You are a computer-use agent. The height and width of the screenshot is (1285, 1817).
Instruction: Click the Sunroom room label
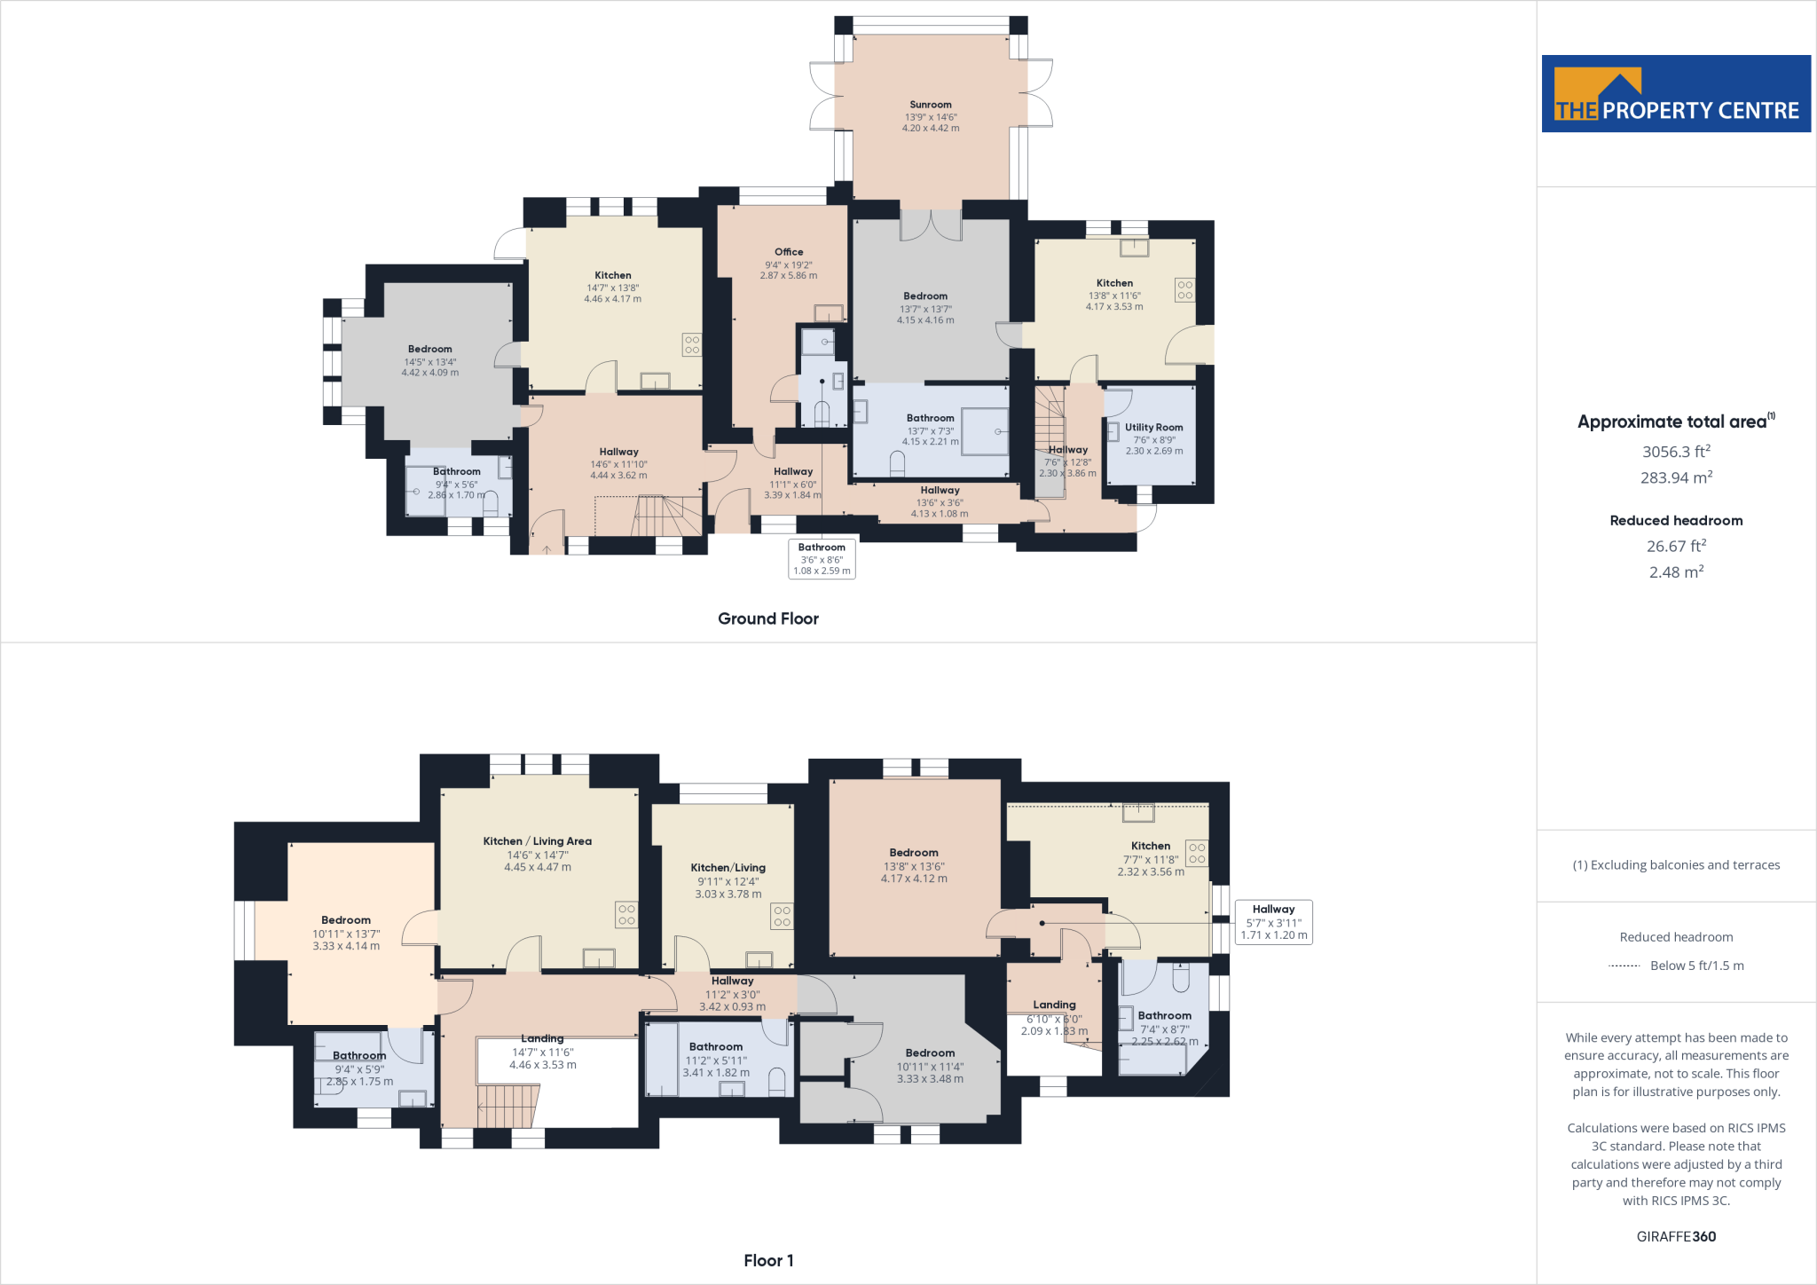(930, 105)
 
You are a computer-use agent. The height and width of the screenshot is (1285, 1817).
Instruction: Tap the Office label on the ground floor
(789, 252)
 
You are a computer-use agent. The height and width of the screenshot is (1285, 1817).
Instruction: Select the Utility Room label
(1153, 427)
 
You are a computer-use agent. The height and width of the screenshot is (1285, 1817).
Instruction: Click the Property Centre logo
(1676, 94)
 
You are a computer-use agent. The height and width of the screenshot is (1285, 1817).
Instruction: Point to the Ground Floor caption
(767, 619)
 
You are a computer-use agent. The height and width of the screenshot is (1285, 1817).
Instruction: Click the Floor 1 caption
(768, 1260)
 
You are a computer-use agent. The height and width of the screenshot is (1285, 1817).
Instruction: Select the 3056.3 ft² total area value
(1676, 452)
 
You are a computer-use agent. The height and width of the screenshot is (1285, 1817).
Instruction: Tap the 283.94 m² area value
(1676, 477)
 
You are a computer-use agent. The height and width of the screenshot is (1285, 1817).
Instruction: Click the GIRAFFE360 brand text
(1676, 1236)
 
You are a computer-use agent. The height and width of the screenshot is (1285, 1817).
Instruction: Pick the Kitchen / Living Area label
(537, 841)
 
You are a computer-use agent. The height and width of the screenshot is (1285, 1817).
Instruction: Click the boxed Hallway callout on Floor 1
(1273, 922)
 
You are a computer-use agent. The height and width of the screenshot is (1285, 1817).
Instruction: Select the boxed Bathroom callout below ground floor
(822, 559)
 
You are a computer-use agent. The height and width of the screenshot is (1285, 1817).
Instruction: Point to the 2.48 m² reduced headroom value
(1676, 572)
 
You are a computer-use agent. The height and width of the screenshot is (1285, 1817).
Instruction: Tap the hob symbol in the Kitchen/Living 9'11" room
(782, 916)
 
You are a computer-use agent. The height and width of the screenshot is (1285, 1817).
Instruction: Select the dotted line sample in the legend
(1624, 966)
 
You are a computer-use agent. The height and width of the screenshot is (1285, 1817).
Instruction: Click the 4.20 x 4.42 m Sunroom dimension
(930, 128)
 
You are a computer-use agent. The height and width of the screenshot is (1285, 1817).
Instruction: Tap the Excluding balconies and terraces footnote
(1676, 865)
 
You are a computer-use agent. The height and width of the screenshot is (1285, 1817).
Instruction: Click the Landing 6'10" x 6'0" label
(1054, 1005)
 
